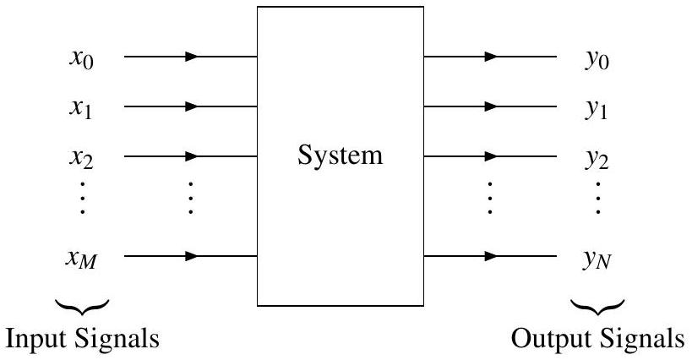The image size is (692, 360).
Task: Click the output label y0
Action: [597, 61]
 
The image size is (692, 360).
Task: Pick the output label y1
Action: [597, 110]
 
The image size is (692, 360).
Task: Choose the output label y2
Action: [597, 159]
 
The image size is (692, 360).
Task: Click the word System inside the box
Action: [340, 156]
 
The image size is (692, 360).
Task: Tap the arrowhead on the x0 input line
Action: [192, 57]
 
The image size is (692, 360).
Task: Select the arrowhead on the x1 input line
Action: [192, 107]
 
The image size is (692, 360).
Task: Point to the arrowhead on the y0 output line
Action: [491, 57]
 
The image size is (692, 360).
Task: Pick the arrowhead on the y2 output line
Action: [491, 156]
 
